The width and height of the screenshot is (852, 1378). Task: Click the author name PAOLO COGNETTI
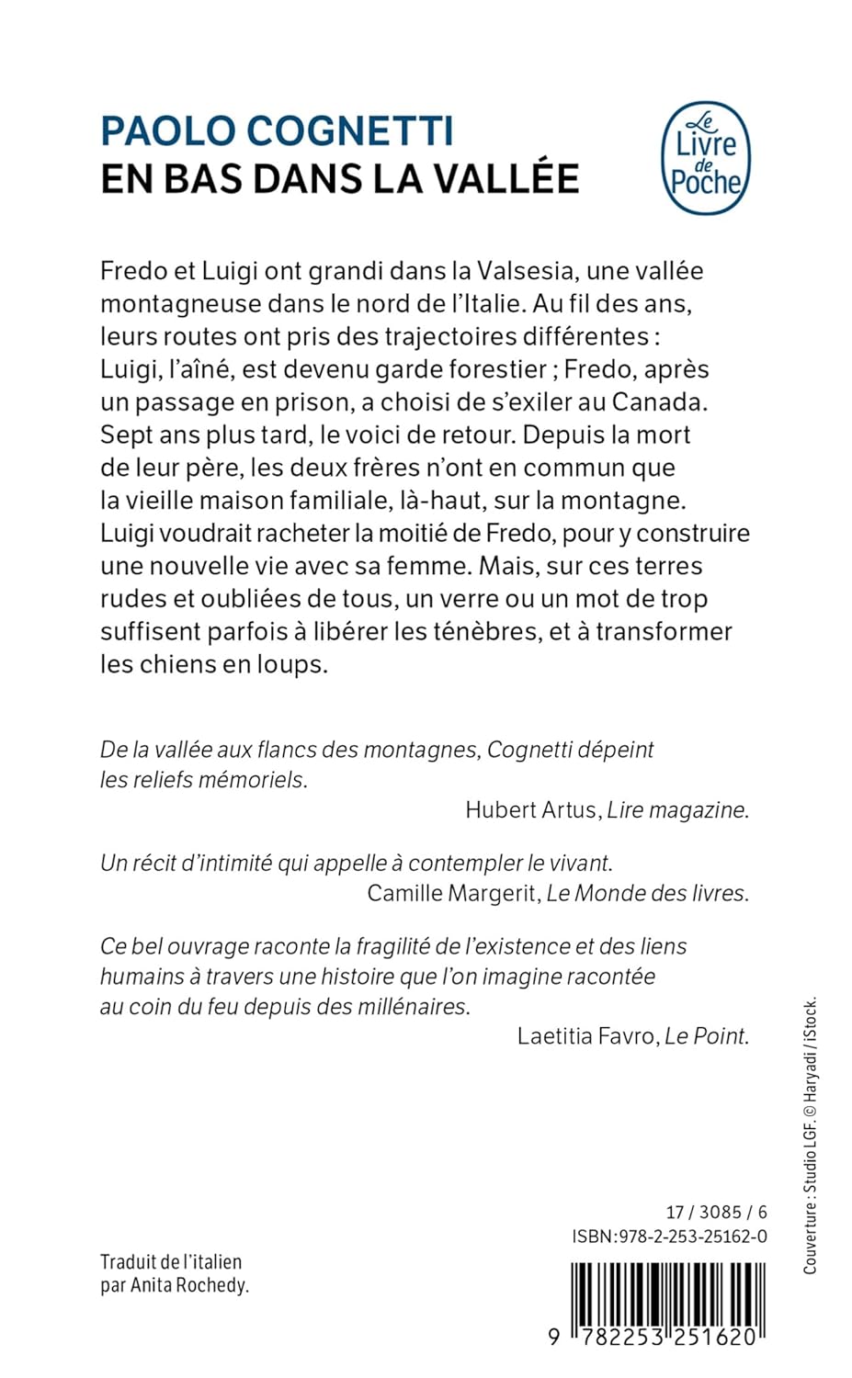(x=277, y=131)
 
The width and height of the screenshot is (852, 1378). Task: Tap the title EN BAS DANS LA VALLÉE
(x=339, y=178)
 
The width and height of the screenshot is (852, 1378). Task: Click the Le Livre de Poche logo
(x=706, y=158)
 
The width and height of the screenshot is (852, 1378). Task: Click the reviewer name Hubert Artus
(x=530, y=809)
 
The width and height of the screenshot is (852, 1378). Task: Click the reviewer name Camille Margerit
(x=451, y=893)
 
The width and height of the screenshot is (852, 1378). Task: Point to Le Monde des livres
(x=647, y=893)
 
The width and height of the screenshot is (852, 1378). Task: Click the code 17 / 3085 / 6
(x=716, y=1212)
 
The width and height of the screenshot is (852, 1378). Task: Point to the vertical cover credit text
(x=810, y=1135)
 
